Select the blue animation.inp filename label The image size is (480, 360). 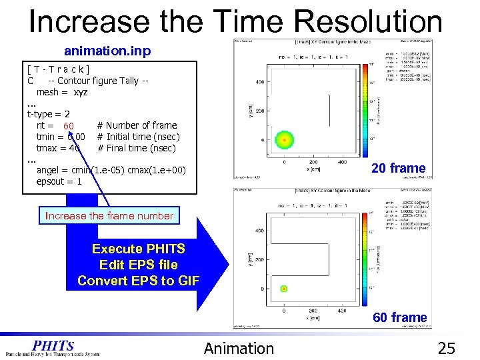coord(107,51)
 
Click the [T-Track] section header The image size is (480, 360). coord(59,69)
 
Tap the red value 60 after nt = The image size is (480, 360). coord(69,126)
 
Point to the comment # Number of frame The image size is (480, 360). coord(137,125)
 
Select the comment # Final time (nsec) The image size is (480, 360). coord(137,148)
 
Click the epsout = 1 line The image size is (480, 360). coord(59,181)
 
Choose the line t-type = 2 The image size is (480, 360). coord(48,114)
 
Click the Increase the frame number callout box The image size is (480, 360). coord(109,215)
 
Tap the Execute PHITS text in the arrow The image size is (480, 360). coord(138,249)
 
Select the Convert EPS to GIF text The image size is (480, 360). coord(138,281)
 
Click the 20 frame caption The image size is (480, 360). coord(399,168)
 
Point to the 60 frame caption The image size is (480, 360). coord(399,317)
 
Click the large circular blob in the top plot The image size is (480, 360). coord(285,141)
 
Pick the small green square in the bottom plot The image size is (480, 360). coord(284,289)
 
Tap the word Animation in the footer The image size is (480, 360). coord(239,348)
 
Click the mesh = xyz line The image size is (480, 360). coord(62,92)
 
